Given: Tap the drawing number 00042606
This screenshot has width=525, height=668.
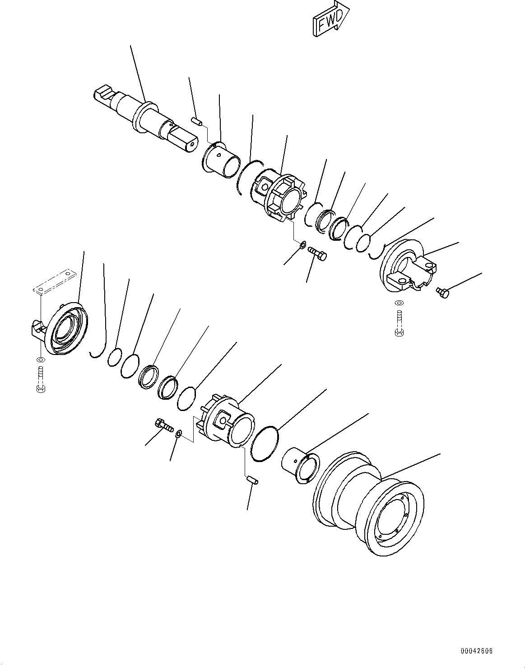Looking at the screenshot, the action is (x=476, y=651).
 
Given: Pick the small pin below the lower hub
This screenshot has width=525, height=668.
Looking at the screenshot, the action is (x=252, y=480).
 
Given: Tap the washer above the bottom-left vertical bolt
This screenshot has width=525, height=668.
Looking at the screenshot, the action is (x=41, y=360).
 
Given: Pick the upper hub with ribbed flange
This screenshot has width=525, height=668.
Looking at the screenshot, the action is (x=280, y=196).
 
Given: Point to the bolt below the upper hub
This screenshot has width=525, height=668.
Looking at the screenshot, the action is (x=317, y=253).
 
